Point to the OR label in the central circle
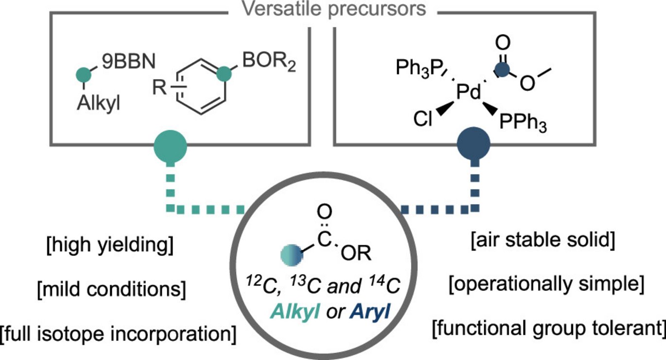click(x=359, y=253)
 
